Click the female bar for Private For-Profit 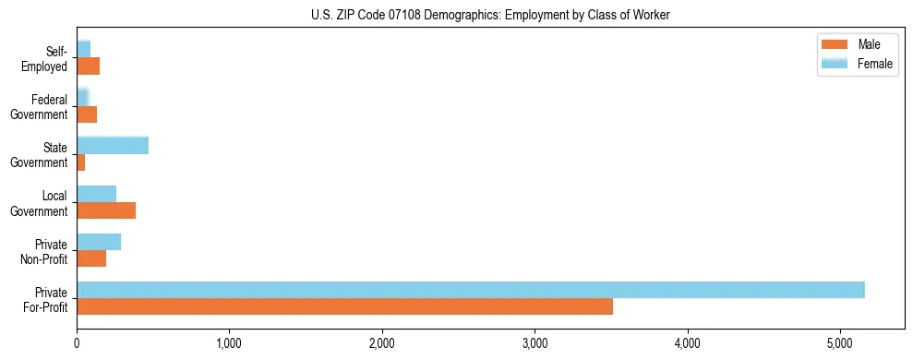470,290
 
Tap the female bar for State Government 113,146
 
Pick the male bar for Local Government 106,210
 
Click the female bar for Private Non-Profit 99,242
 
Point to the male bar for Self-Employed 88,66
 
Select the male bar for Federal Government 87,114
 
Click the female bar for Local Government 96,194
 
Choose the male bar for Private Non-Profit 91,258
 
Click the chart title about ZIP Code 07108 490,14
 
